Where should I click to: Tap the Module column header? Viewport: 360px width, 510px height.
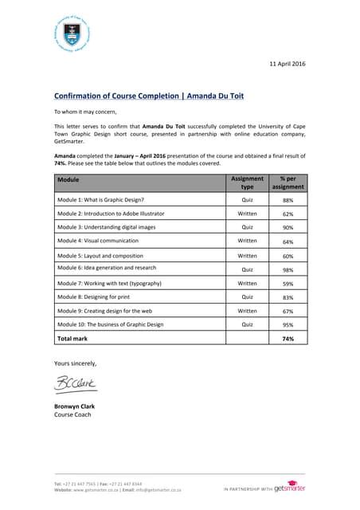click(68, 180)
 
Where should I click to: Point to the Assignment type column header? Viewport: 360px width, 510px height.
click(247, 182)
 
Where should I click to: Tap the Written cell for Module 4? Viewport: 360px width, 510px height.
click(247, 241)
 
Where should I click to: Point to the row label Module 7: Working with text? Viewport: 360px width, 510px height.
click(109, 283)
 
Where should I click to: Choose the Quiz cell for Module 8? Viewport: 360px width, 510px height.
click(247, 296)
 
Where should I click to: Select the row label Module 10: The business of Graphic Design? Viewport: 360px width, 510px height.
click(110, 324)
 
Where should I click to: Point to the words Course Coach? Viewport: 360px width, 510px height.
click(72, 414)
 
